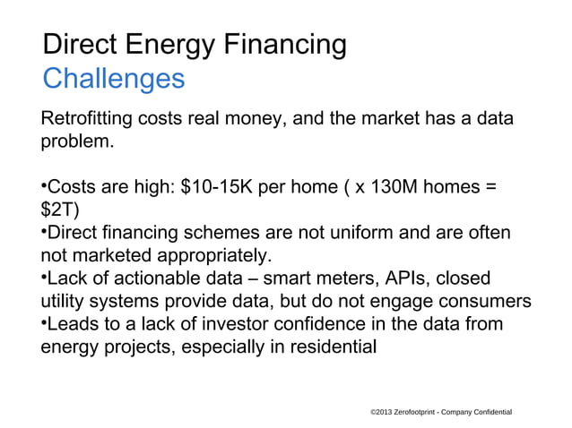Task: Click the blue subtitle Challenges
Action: point(114,79)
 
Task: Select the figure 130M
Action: point(391,188)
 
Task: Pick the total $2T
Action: point(59,211)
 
